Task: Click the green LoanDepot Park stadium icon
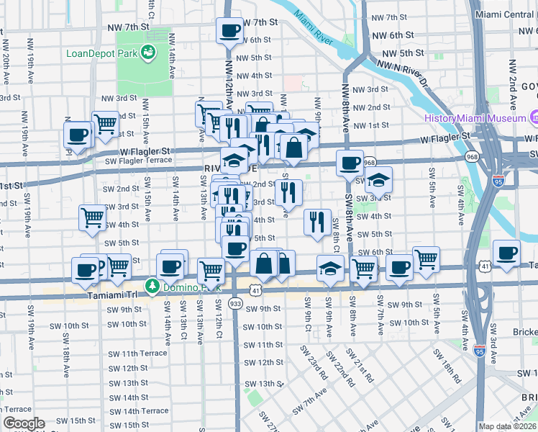(x=149, y=52)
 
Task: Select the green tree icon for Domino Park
(x=152, y=287)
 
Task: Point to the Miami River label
(x=314, y=28)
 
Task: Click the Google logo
(x=24, y=423)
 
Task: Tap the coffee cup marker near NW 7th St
(x=230, y=31)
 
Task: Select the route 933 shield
(x=235, y=304)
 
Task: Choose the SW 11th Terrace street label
(x=137, y=354)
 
